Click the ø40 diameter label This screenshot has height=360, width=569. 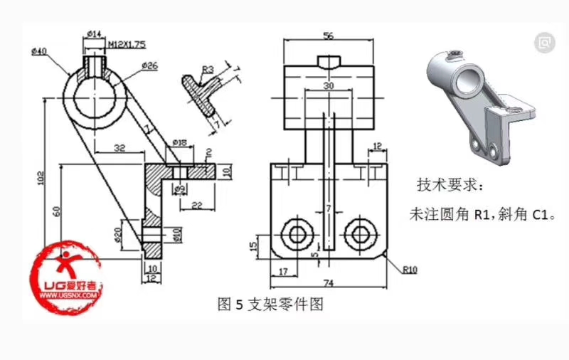click(x=38, y=51)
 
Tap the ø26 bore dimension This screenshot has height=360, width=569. click(x=149, y=65)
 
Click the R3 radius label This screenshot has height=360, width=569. click(x=208, y=69)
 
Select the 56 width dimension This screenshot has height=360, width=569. click(x=328, y=35)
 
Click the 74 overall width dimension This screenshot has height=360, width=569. click(x=328, y=283)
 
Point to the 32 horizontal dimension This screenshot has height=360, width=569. click(x=119, y=147)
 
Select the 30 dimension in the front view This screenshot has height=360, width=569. click(x=328, y=85)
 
